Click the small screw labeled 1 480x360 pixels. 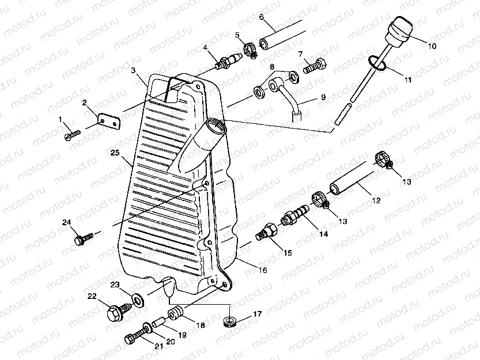[x=72, y=134]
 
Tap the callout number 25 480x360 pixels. [x=115, y=153]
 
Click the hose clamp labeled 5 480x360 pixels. [x=248, y=51]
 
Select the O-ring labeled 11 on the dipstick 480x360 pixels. [x=375, y=62]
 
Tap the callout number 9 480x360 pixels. [x=323, y=97]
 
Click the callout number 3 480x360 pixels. [x=133, y=71]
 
